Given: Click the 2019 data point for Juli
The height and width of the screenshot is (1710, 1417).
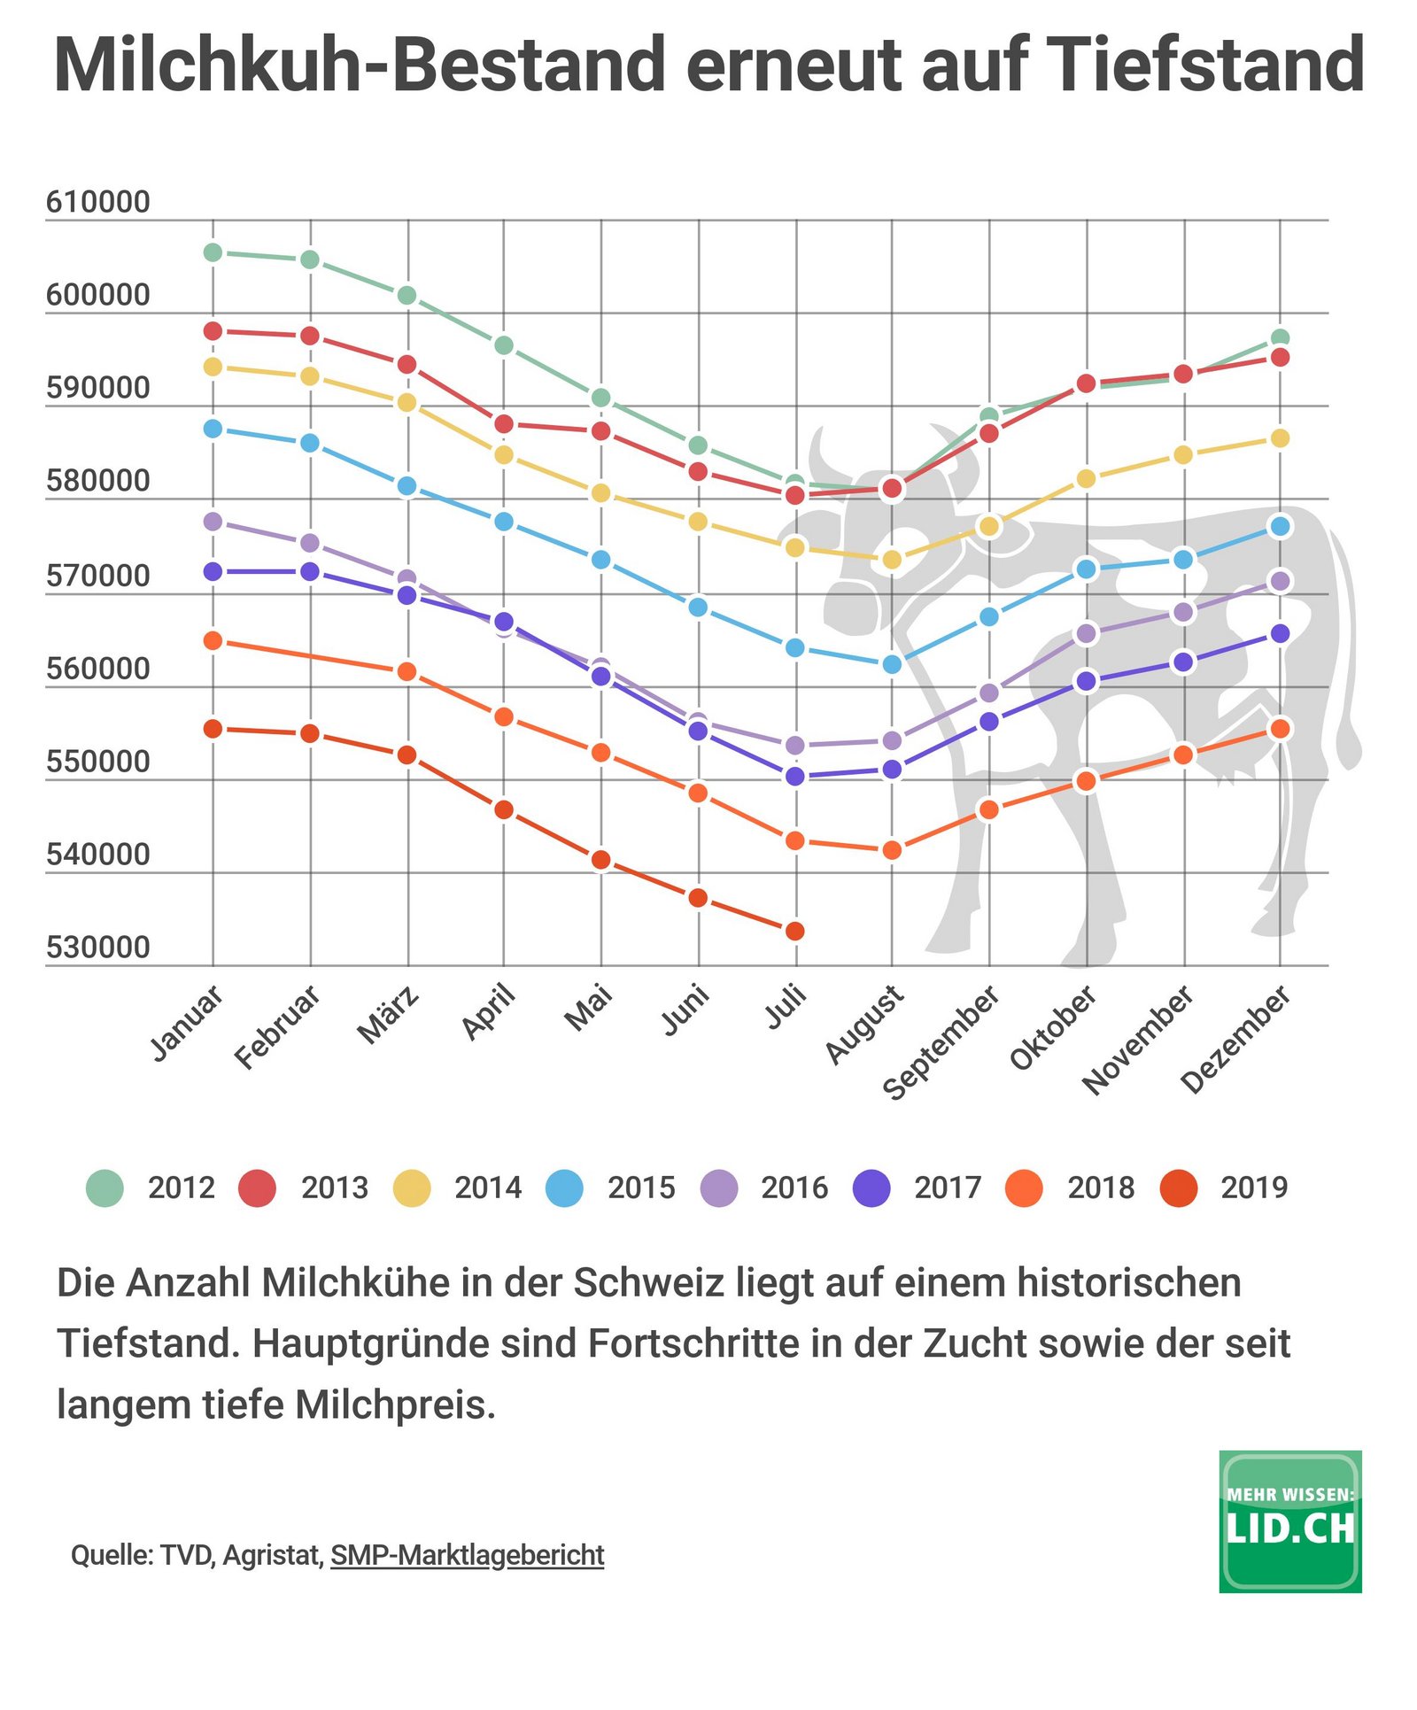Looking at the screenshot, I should point(795,931).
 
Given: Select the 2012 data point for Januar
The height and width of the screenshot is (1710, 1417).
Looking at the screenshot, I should point(213,252).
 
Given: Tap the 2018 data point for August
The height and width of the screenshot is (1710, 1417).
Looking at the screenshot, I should point(892,849).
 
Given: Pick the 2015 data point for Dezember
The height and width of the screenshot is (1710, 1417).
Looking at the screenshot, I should point(1280,526).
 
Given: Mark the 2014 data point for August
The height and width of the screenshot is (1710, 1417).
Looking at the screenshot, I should point(892,560).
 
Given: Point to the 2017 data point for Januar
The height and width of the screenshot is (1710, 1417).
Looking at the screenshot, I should point(213,571).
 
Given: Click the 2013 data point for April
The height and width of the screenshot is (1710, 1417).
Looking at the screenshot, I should point(504,423).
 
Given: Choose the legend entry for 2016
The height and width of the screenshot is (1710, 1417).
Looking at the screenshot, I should point(765,1188).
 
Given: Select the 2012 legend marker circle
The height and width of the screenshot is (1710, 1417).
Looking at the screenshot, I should point(105,1188).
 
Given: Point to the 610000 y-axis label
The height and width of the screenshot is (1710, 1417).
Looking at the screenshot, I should point(98,202).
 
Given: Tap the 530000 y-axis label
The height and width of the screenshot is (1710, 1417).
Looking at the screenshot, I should point(98,948).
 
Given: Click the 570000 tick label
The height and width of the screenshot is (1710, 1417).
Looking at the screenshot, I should point(98,576).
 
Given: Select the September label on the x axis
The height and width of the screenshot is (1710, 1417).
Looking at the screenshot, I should point(942,1043).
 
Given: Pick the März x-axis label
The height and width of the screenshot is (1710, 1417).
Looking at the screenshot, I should point(388,1016).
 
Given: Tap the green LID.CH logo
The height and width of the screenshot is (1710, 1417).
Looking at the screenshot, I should point(1289,1521).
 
